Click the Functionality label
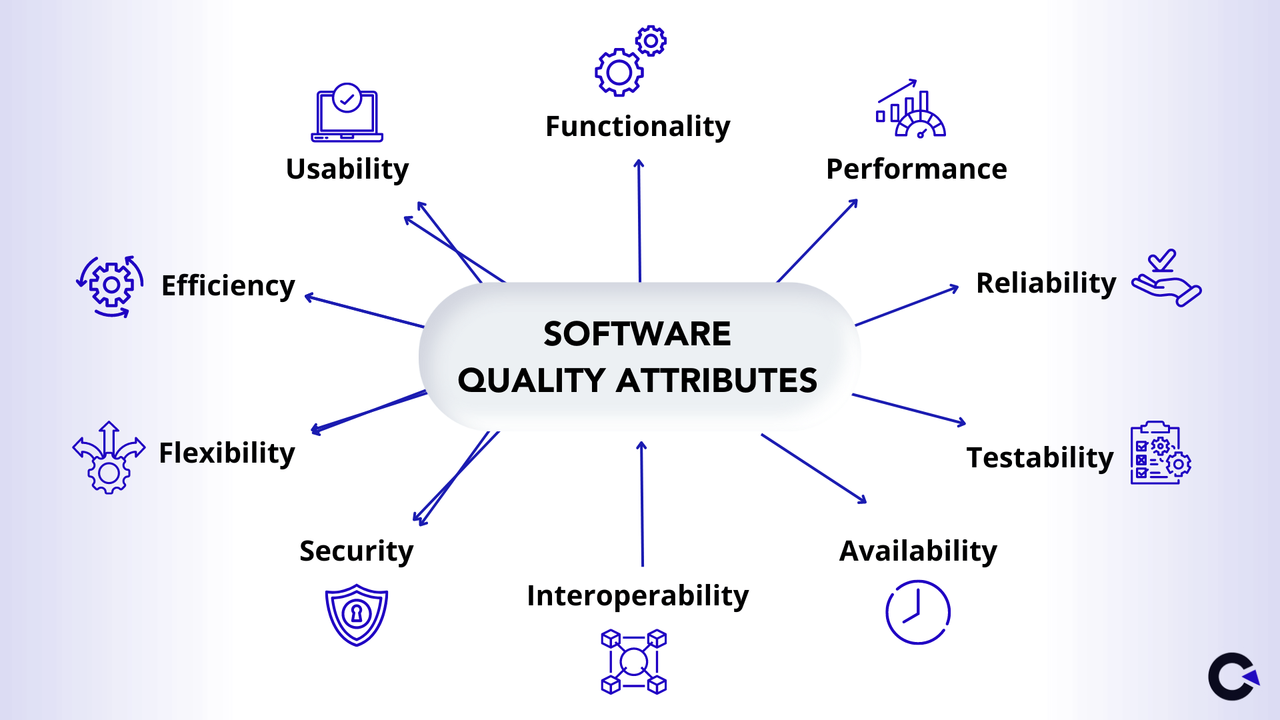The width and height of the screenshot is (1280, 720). (x=637, y=127)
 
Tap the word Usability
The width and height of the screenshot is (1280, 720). (x=347, y=169)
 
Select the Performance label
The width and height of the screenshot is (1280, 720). (x=917, y=169)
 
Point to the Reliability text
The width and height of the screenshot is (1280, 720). (x=1046, y=283)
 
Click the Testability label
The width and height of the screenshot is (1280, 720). (x=1040, y=458)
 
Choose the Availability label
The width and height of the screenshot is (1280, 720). (x=918, y=551)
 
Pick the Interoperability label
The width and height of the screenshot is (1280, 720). (x=637, y=596)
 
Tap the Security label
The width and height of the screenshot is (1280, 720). (x=356, y=551)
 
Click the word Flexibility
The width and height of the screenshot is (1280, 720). (x=227, y=453)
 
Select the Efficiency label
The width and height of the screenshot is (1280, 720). (x=228, y=286)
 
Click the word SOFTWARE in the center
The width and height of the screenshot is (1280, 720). (x=637, y=334)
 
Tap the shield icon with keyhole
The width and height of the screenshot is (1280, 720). (x=357, y=615)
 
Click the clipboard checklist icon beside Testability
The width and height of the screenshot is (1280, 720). (x=1161, y=453)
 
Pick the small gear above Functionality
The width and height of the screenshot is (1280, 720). (x=651, y=41)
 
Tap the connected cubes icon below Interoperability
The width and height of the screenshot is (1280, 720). (x=634, y=662)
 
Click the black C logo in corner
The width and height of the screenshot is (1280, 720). (x=1233, y=677)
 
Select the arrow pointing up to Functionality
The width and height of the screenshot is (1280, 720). (x=639, y=221)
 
